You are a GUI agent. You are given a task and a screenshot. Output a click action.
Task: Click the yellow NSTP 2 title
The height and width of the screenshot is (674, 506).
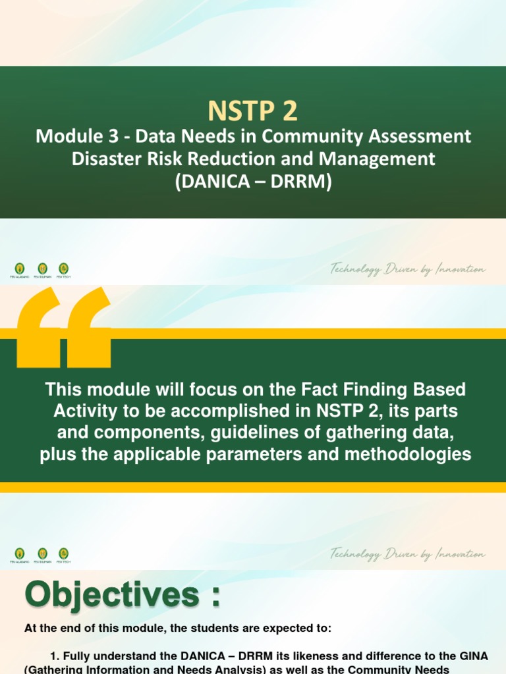tap(253, 111)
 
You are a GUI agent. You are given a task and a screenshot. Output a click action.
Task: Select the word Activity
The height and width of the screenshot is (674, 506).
tap(84, 411)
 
